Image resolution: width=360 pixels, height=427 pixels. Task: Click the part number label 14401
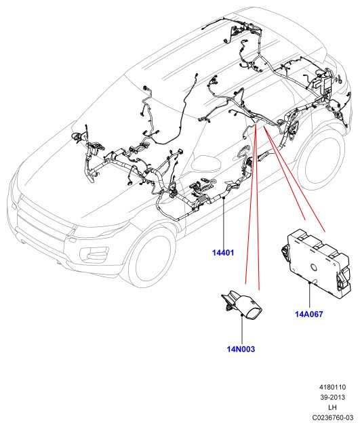pos(223,253)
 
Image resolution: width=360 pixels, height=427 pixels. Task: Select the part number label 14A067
pos(308,314)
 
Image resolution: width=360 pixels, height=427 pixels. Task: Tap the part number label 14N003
pos(241,349)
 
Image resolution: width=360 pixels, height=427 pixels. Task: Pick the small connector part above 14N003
pos(241,304)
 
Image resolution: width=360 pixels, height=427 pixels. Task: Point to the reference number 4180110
pos(332,387)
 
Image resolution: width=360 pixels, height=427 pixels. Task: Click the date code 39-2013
pos(332,397)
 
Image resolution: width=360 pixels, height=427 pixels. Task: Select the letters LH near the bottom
pos(332,407)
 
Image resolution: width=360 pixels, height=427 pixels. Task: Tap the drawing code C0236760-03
pos(332,418)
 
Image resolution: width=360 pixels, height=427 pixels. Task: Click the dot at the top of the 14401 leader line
pos(223,198)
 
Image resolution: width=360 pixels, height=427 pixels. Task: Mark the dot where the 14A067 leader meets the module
pos(310,283)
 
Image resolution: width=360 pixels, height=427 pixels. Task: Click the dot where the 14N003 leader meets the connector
pos(242,315)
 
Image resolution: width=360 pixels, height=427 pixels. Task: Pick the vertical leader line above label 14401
pos(223,223)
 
